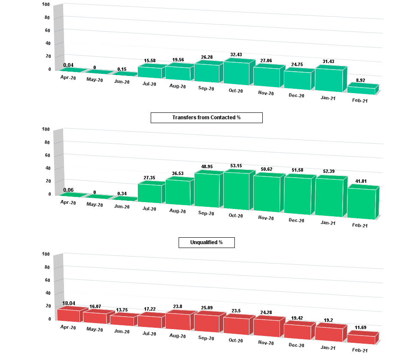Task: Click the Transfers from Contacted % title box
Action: point(206,118)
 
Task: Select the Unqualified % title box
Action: point(206,242)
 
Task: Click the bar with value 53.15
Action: point(236,191)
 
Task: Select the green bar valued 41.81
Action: point(361,204)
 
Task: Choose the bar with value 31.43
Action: point(329,80)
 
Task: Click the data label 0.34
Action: point(124,194)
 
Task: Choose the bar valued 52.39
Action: point(329,197)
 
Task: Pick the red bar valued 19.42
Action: point(297,331)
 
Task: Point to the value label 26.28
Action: point(207,57)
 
